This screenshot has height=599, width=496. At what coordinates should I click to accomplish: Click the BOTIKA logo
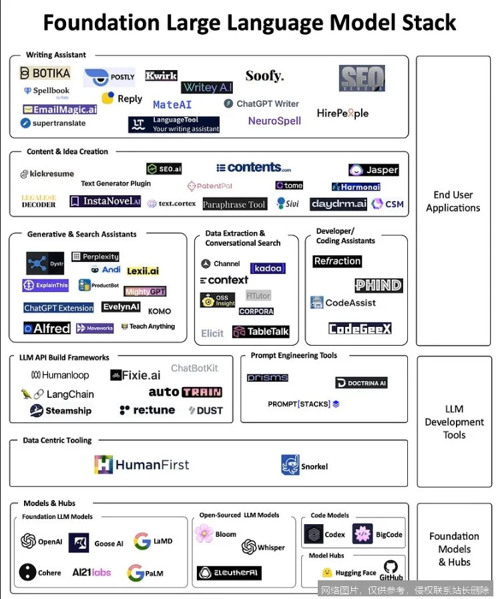[x=45, y=73]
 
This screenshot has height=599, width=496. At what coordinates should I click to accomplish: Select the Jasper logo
[x=374, y=170]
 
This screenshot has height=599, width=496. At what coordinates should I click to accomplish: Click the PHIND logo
[x=379, y=285]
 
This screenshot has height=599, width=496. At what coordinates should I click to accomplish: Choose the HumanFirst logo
[x=142, y=465]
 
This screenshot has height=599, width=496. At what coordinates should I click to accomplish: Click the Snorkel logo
[x=304, y=465]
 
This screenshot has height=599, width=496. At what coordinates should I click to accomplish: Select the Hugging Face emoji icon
[x=327, y=573]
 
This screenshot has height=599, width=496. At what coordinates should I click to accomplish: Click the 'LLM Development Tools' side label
[x=454, y=422]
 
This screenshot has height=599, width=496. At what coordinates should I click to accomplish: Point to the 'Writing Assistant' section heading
[x=56, y=55]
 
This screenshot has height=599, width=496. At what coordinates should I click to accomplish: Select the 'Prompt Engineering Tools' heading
[x=294, y=356]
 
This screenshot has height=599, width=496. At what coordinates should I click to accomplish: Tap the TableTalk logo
[x=260, y=332]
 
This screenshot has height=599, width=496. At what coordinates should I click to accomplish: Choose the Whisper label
[x=271, y=547]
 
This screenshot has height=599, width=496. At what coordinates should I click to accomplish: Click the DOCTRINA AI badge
[x=361, y=383]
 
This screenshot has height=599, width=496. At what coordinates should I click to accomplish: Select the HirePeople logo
[x=342, y=113]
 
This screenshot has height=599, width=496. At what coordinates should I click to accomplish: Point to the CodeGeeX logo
[x=360, y=328]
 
